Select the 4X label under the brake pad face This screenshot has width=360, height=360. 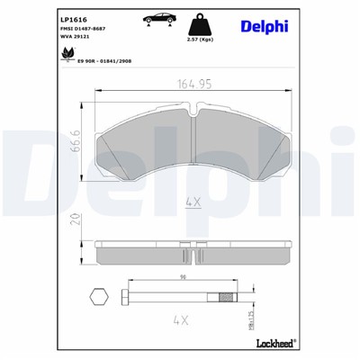tap(192, 202)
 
